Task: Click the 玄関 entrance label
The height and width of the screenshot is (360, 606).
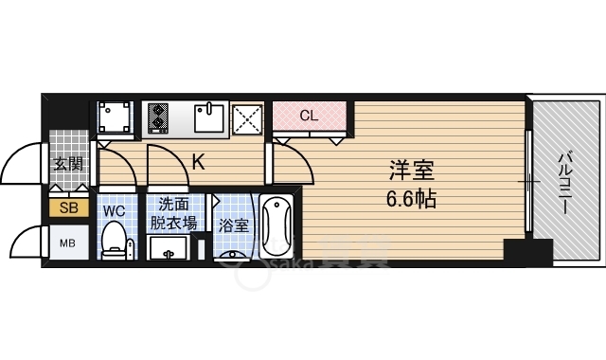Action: coord(69,164)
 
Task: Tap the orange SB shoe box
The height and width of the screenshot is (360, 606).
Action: coord(69,208)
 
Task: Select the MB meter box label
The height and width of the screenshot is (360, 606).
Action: coord(67,243)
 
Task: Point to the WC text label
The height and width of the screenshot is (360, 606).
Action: coord(115,211)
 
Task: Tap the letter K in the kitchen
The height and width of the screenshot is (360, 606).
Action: coord(199,162)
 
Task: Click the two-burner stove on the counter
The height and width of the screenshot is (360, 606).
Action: coord(158,117)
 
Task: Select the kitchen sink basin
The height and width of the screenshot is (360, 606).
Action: coord(209,117)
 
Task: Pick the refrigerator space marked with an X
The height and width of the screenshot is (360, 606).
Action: coord(247,119)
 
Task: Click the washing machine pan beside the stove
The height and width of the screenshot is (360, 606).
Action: coord(114,117)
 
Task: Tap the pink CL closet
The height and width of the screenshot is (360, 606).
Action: coord(309,116)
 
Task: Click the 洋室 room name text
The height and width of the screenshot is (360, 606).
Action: coord(412,171)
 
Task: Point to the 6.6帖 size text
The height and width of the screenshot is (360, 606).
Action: coord(411,200)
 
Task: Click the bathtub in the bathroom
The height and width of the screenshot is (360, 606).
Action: coord(276,226)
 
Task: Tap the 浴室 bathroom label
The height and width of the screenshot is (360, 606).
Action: coord(234,225)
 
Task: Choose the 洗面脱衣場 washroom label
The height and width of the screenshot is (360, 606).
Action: coord(173,214)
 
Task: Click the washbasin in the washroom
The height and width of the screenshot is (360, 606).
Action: coord(169,247)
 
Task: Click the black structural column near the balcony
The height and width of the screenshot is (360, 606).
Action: coord(528,252)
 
